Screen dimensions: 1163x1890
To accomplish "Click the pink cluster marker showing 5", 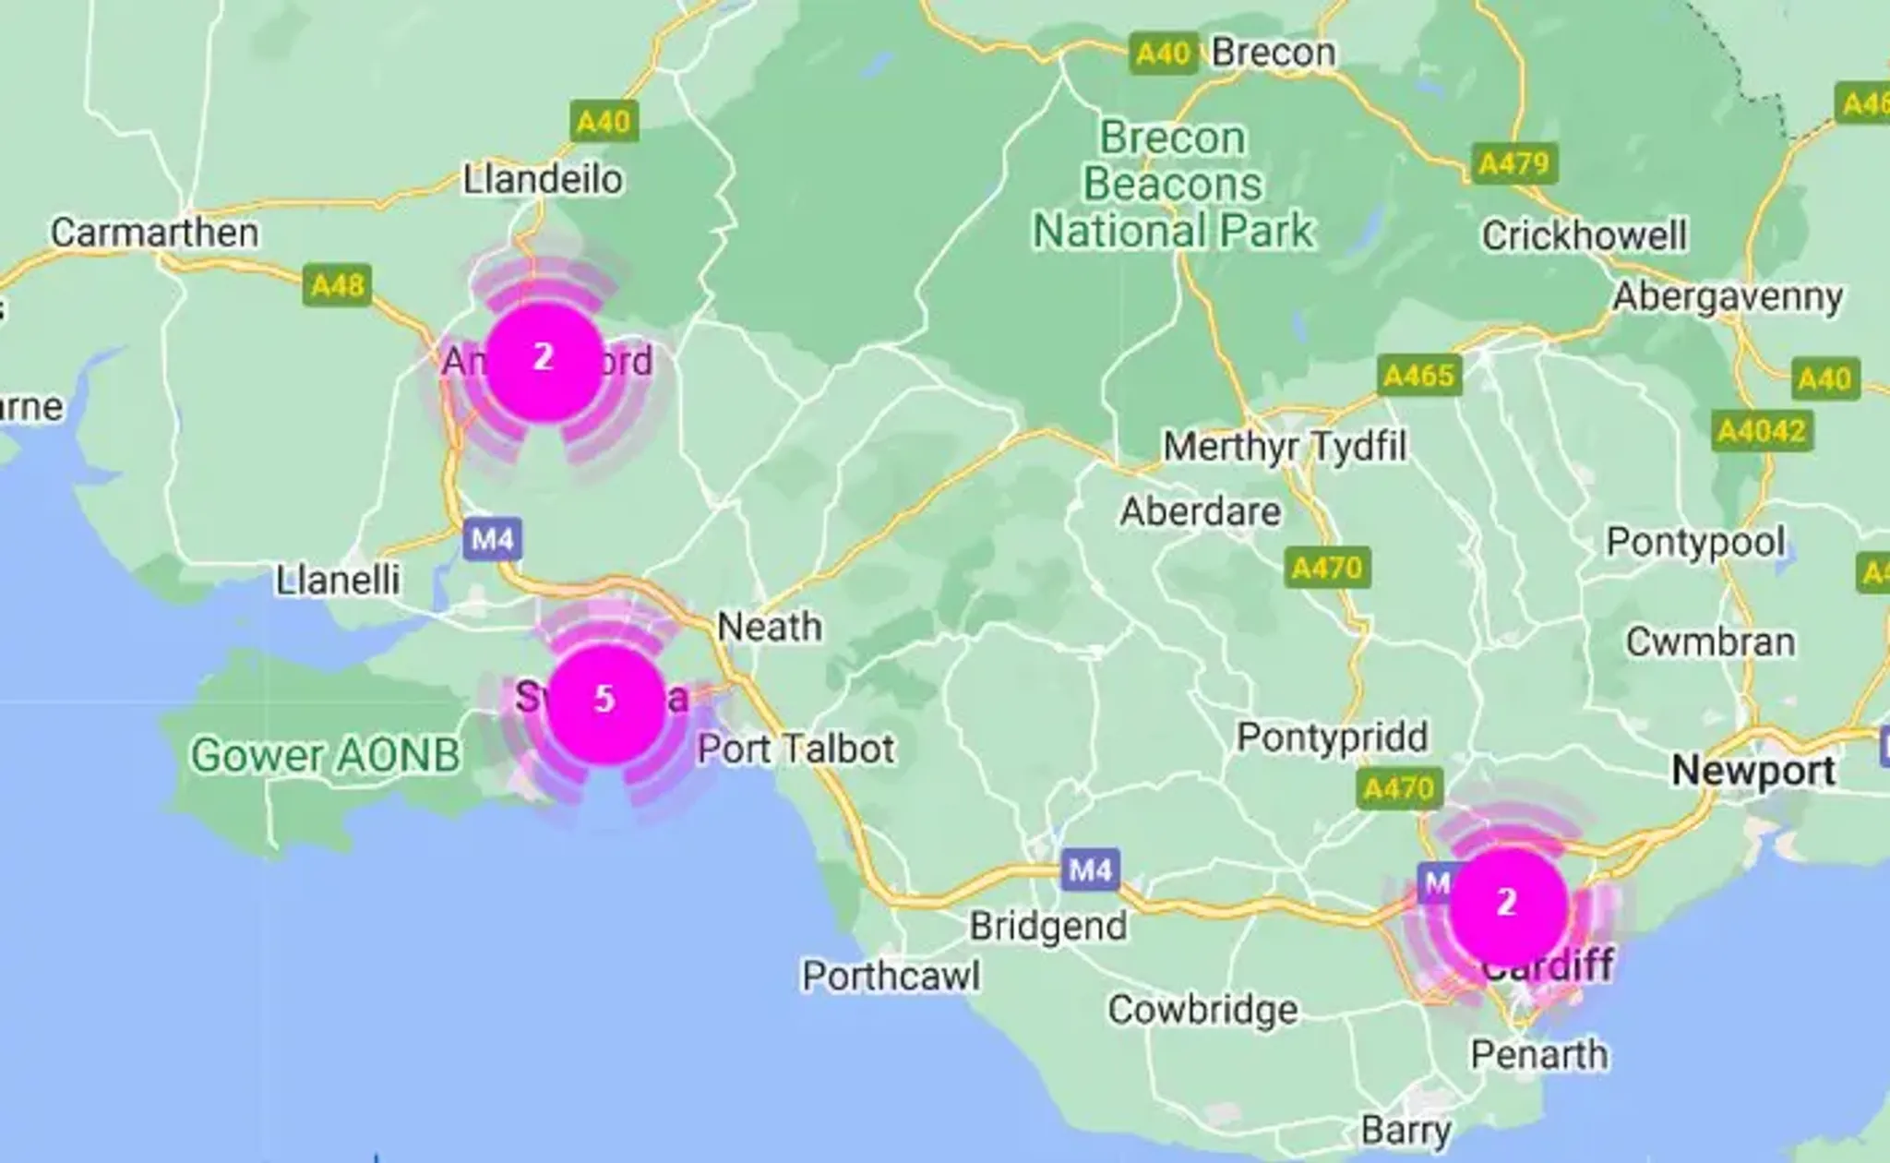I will tap(605, 702).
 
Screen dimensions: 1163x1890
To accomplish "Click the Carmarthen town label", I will tap(154, 233).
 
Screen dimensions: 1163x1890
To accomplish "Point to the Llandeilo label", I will tap(543, 179).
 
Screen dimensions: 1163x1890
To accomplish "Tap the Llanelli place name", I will tap(338, 580).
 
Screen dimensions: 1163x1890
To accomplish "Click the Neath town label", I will tap(770, 628).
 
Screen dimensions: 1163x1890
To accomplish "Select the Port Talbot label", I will tap(795, 749).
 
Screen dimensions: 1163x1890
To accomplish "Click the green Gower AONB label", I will tap(325, 755).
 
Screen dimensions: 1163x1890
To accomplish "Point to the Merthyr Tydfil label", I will tap(1285, 447).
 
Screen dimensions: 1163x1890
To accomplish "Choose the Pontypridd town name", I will tap(1332, 737).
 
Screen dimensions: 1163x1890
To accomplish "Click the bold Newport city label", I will tap(1753, 770).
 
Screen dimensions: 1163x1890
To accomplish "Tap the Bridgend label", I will tap(1048, 926).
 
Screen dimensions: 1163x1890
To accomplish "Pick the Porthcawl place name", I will tap(891, 976).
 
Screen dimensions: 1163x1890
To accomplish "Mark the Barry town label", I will tap(1406, 1130).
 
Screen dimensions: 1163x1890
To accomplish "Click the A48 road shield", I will tap(338, 285).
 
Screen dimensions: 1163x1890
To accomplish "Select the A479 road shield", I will tap(1513, 163).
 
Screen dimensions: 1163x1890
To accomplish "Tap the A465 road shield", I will tap(1419, 376).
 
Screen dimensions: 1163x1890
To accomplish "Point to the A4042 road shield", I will tap(1761, 431).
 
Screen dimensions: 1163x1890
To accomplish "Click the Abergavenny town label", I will tap(1728, 297).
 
